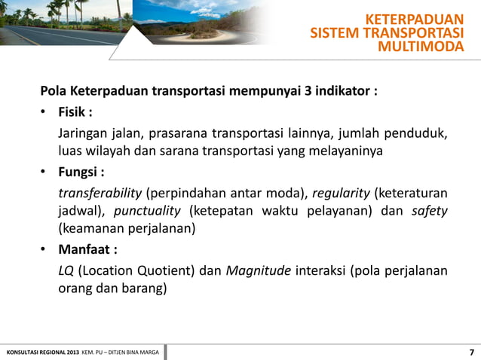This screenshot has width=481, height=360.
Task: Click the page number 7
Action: [471, 352]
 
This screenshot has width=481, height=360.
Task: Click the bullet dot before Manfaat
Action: [45, 249]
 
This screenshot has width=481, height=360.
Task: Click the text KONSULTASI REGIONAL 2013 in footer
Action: [41, 352]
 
